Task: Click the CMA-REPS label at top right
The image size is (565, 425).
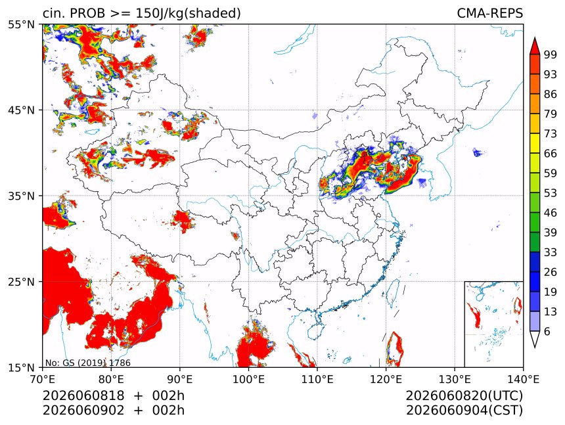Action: pyautogui.click(x=489, y=13)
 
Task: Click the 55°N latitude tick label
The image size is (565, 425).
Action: pyautogui.click(x=21, y=24)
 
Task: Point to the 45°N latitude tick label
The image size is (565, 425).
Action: pyautogui.click(x=21, y=110)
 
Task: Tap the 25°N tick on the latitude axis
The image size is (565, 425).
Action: pyautogui.click(x=21, y=282)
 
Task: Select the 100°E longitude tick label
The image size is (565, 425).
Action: pyautogui.click(x=248, y=379)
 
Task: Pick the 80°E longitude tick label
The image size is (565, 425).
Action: pyautogui.click(x=111, y=379)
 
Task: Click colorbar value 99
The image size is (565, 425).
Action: pyautogui.click(x=551, y=55)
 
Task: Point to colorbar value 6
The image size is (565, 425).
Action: pyautogui.click(x=547, y=331)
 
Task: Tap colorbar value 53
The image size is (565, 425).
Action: pyautogui.click(x=551, y=193)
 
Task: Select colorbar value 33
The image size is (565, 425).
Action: pyautogui.click(x=551, y=252)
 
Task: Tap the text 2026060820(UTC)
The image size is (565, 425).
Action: pyautogui.click(x=464, y=395)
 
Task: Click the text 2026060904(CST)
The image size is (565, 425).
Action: pyautogui.click(x=464, y=411)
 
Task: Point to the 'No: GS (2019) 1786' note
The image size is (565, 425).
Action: pyautogui.click(x=87, y=363)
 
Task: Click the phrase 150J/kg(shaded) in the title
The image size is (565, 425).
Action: pyautogui.click(x=188, y=13)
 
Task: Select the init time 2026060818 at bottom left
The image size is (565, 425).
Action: pyautogui.click(x=83, y=395)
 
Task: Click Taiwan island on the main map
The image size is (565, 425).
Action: pyautogui.click(x=393, y=292)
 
